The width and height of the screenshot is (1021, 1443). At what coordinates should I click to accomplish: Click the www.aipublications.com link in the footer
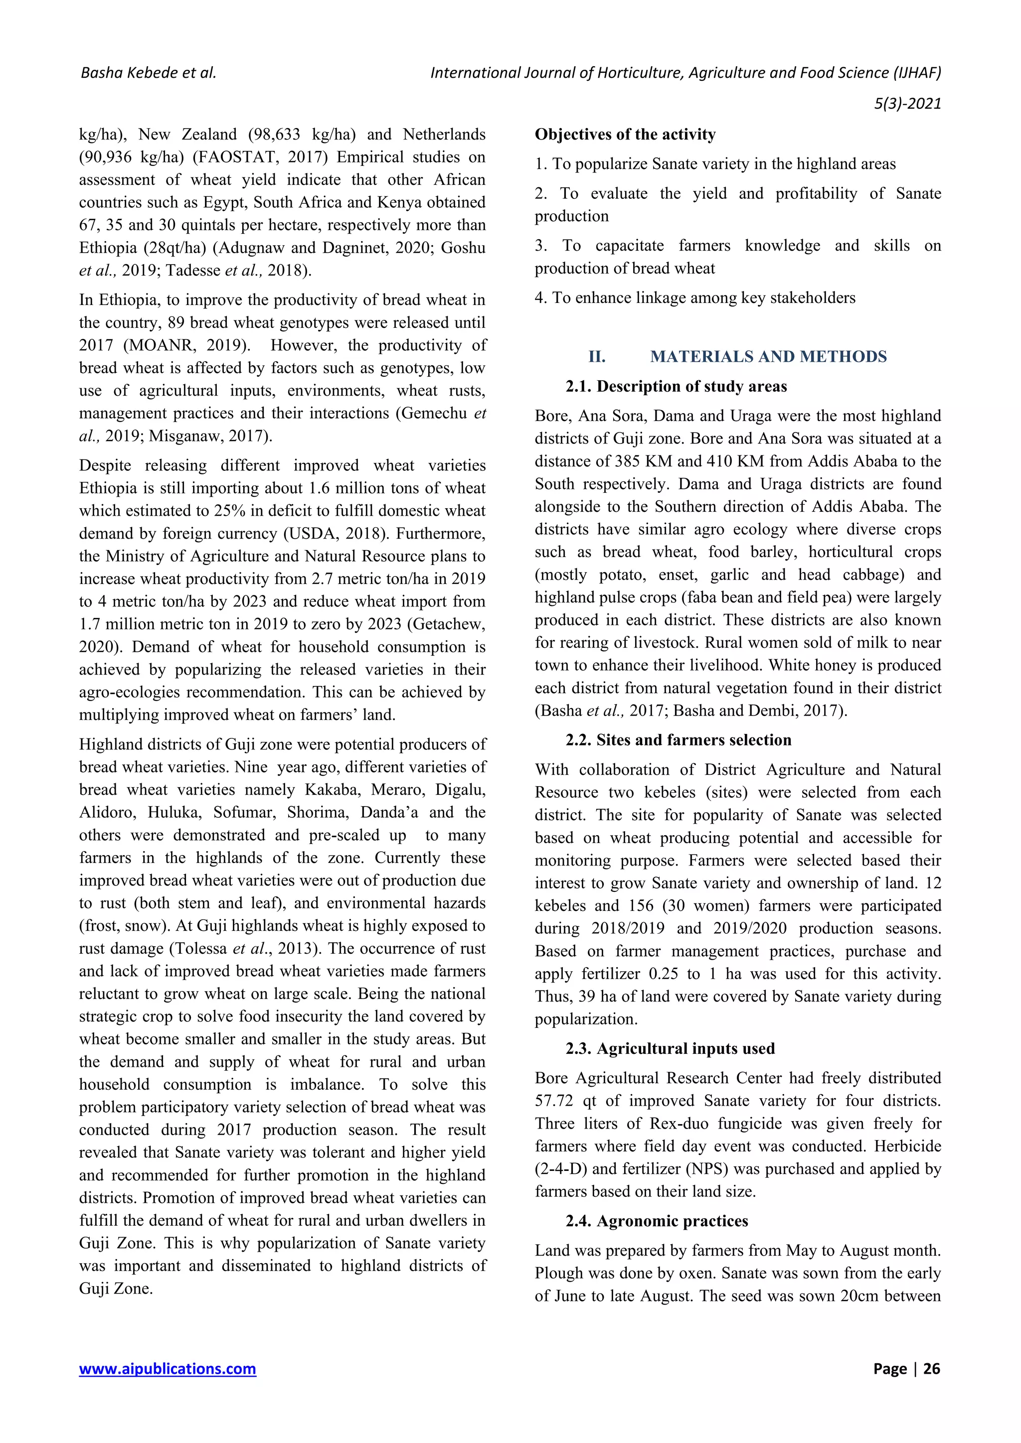[167, 1368]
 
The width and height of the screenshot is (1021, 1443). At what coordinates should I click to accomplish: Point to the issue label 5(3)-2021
[907, 103]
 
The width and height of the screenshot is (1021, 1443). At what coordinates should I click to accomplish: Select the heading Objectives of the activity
[625, 135]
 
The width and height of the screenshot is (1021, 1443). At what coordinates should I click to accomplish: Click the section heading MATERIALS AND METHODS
[768, 356]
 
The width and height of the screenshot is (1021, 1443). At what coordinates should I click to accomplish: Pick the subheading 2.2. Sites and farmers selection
[678, 740]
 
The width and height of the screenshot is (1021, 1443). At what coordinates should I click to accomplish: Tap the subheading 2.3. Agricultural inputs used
[670, 1048]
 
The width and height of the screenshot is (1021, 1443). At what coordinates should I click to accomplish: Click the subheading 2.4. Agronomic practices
[657, 1220]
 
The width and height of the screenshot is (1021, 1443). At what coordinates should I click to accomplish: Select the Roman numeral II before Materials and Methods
[597, 356]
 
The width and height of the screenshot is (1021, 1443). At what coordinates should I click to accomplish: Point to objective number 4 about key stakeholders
[694, 298]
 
